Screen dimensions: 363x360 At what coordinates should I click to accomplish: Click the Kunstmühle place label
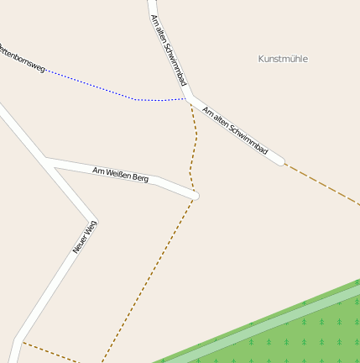point(283,59)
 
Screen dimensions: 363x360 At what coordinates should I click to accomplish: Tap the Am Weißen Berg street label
point(120,174)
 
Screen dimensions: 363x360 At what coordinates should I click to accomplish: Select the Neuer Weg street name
point(85,236)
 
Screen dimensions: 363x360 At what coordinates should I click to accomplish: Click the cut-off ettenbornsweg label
point(22,57)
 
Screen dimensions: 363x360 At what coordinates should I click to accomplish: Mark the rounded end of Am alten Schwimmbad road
point(279,160)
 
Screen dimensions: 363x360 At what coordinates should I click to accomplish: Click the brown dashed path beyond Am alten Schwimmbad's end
point(323,184)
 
